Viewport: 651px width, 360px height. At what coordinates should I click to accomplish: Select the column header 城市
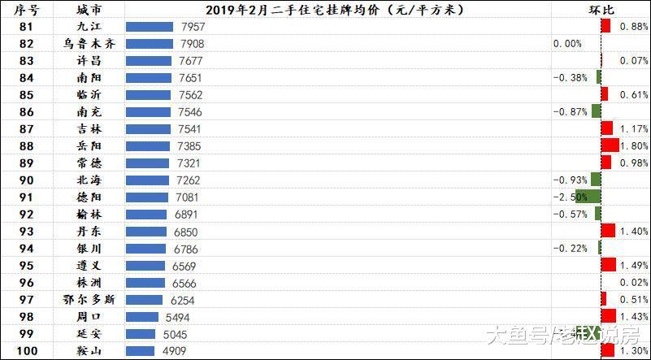89,10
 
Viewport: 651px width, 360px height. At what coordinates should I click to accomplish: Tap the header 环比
601,10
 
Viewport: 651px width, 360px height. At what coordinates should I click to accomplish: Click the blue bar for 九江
150,27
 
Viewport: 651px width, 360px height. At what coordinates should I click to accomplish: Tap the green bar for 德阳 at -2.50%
588,197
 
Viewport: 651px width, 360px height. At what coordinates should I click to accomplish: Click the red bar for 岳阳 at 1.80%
610,145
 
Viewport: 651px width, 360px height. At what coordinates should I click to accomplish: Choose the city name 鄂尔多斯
89,299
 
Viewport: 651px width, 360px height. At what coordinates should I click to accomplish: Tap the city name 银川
89,248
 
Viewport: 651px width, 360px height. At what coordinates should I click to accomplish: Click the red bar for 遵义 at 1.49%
608,265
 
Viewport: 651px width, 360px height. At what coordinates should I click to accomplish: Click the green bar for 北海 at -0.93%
596,180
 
